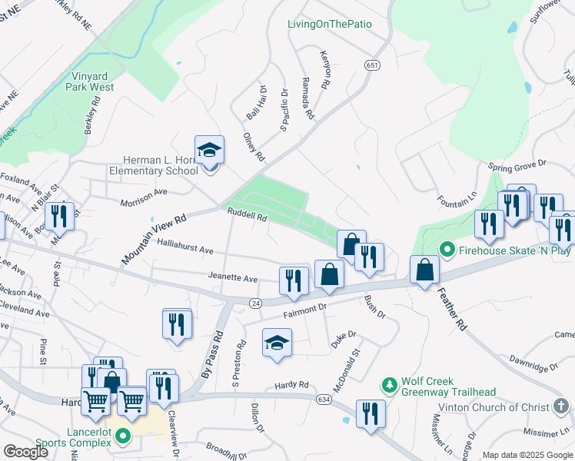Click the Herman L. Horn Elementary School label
click(153, 165)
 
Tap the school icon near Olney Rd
click(209, 150)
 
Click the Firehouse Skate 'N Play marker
click(445, 250)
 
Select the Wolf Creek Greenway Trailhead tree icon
click(390, 383)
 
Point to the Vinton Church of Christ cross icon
click(562, 407)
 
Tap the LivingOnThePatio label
click(329, 24)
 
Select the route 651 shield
click(373, 66)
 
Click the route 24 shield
click(256, 304)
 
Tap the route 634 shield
click(324, 398)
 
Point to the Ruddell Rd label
click(246, 217)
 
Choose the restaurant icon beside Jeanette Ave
click(293, 280)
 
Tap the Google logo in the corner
click(25, 452)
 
